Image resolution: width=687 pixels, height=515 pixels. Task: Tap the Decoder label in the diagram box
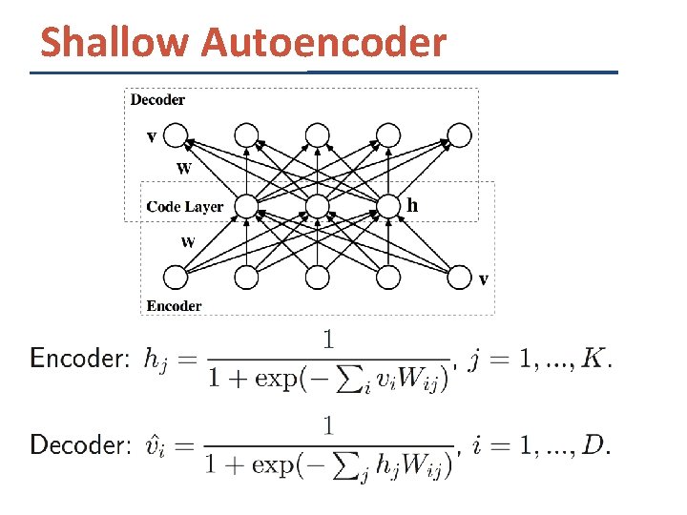[x=157, y=99]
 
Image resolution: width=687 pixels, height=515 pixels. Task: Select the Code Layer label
[x=184, y=206]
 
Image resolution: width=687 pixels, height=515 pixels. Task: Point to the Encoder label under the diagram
[x=174, y=306]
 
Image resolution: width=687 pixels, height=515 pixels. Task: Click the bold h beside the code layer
[x=412, y=204]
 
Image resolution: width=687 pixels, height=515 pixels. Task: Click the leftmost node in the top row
[x=176, y=135]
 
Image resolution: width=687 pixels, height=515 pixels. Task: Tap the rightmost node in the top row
[x=460, y=135]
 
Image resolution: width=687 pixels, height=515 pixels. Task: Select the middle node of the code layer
[x=318, y=206]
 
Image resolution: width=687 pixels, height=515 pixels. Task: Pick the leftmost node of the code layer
[x=246, y=206]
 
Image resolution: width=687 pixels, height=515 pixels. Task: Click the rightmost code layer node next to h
[x=388, y=206]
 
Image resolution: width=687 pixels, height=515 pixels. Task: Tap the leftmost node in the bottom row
[x=176, y=278]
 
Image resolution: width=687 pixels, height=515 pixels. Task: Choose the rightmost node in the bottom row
[x=460, y=278]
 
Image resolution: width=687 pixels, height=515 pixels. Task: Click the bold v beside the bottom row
[x=484, y=279]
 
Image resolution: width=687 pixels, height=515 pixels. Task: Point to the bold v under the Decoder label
[x=152, y=135]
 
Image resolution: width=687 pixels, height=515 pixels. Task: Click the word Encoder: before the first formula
[x=79, y=359]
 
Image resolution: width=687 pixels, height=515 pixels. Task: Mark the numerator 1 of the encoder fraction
[x=328, y=340]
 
